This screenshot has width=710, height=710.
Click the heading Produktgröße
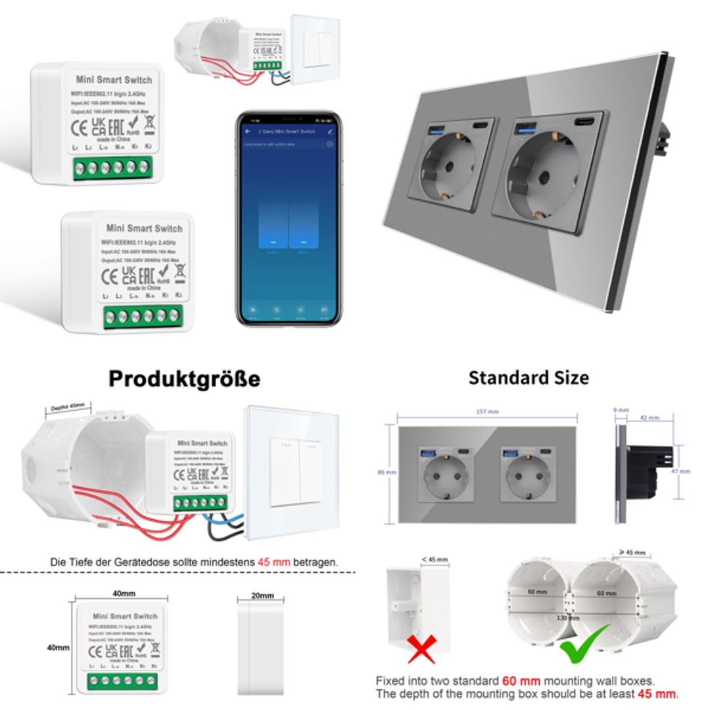(x=184, y=379)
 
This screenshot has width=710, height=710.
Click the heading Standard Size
(x=529, y=377)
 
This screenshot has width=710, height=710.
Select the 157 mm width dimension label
(x=487, y=412)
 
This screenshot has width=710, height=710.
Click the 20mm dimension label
(x=262, y=596)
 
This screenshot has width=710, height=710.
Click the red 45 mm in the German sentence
(x=271, y=563)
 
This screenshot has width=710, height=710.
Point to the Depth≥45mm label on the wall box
(x=68, y=408)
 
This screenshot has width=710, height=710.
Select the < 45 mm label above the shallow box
(x=435, y=559)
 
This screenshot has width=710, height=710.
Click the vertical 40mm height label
(x=58, y=648)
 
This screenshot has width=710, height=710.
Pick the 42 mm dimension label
(x=650, y=417)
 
